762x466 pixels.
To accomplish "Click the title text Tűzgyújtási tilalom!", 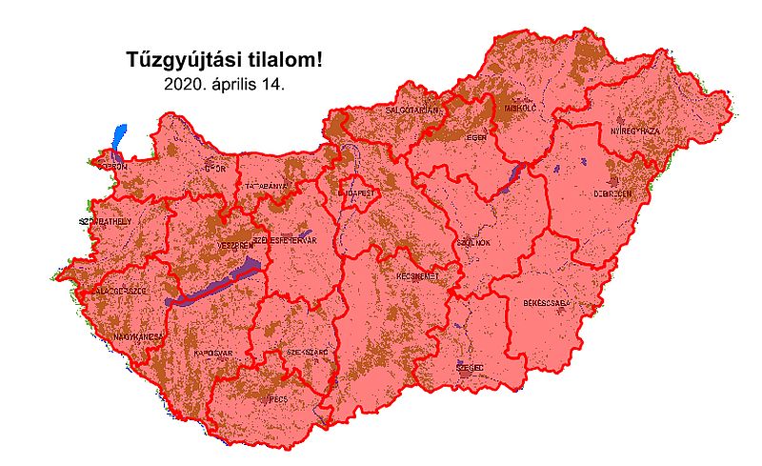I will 225,60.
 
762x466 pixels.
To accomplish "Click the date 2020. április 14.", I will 225,84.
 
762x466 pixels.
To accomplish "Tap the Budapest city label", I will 359,192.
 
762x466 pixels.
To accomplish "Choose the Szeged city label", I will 470,366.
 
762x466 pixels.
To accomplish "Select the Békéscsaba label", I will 546,303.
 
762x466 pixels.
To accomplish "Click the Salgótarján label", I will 411,111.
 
